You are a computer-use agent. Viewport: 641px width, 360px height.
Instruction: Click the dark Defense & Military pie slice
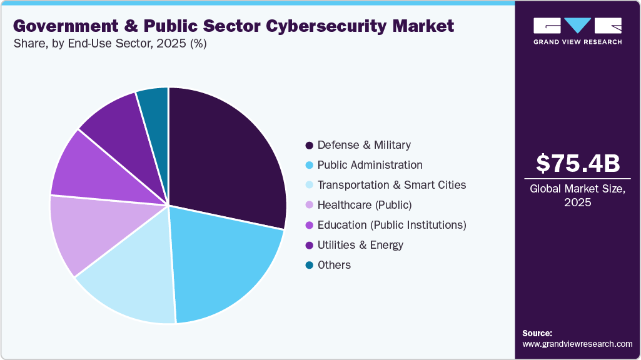225,156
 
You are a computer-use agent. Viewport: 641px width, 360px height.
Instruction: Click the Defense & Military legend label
364,145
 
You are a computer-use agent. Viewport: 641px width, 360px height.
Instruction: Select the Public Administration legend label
370,165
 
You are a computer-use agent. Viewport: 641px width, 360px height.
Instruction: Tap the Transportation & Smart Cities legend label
391,185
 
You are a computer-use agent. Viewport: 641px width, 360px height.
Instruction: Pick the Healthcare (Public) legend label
365,205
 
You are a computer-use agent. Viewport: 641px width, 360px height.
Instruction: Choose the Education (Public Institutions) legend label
391,225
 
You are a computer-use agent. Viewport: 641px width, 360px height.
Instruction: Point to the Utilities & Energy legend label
360,245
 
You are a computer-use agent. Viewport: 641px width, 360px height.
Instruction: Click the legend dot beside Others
309,265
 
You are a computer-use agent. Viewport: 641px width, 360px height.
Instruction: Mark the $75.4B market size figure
578,163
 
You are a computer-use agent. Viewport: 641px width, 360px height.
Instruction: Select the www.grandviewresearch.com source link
577,344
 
